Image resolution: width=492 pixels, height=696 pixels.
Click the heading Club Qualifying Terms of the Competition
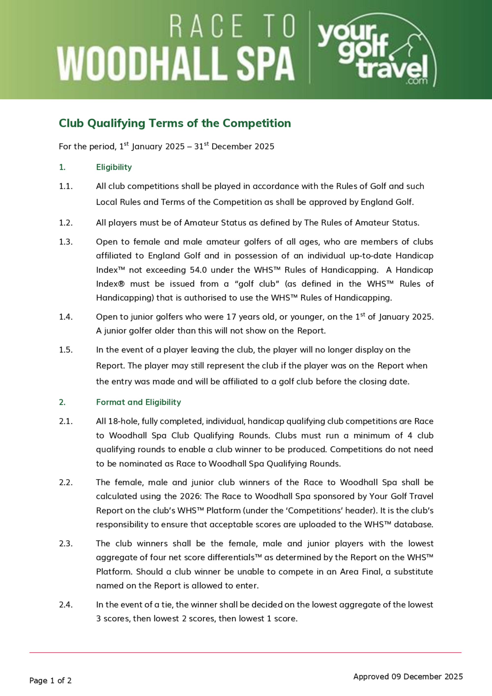175,123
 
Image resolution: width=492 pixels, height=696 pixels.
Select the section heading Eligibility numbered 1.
114,167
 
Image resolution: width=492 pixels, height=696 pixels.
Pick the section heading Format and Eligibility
138,402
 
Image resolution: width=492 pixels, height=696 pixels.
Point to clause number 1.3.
66,242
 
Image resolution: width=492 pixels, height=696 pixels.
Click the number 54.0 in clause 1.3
199,270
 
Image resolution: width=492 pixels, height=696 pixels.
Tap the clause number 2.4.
66,604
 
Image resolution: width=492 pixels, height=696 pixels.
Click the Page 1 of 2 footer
50,680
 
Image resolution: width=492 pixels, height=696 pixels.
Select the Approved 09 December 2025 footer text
408,676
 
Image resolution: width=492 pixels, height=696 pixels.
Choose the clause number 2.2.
66,482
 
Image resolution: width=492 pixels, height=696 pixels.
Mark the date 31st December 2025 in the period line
234,146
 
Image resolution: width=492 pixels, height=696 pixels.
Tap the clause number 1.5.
66,350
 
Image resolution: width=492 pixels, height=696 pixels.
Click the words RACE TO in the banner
232,26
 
